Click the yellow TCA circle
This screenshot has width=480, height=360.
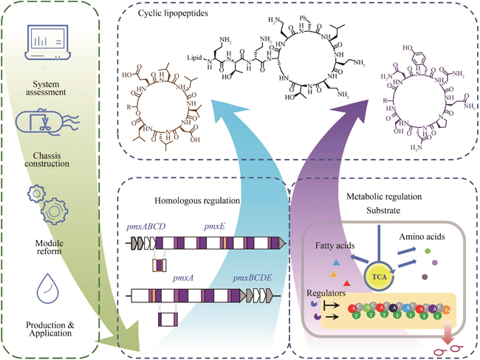click(378, 277)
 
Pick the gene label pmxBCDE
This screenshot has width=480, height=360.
click(254, 279)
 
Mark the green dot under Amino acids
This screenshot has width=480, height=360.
click(428, 253)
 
